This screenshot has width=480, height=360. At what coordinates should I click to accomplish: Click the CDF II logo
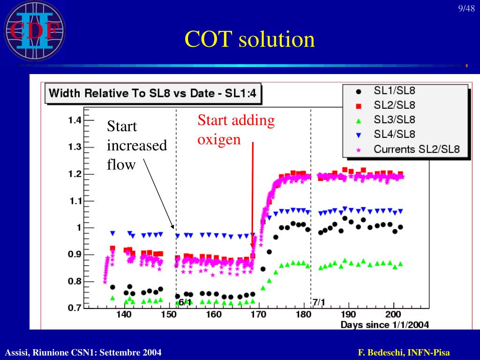click(34, 31)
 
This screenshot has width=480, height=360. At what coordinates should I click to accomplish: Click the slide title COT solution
click(249, 39)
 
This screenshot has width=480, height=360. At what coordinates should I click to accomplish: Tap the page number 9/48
click(466, 9)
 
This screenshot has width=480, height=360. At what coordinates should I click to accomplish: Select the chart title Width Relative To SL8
click(153, 93)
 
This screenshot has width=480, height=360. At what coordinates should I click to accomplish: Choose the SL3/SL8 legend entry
click(394, 120)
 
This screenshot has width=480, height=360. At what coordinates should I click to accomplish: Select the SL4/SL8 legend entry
click(394, 134)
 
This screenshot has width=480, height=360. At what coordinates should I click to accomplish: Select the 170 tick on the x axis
click(258, 315)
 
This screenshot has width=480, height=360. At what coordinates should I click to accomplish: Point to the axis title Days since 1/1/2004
click(384, 324)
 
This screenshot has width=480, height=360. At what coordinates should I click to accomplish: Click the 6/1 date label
click(185, 301)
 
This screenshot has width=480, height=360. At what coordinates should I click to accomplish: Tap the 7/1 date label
click(319, 301)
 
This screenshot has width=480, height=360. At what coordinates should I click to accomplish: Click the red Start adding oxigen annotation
click(236, 130)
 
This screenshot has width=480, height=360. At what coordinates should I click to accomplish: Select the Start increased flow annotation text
click(136, 145)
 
